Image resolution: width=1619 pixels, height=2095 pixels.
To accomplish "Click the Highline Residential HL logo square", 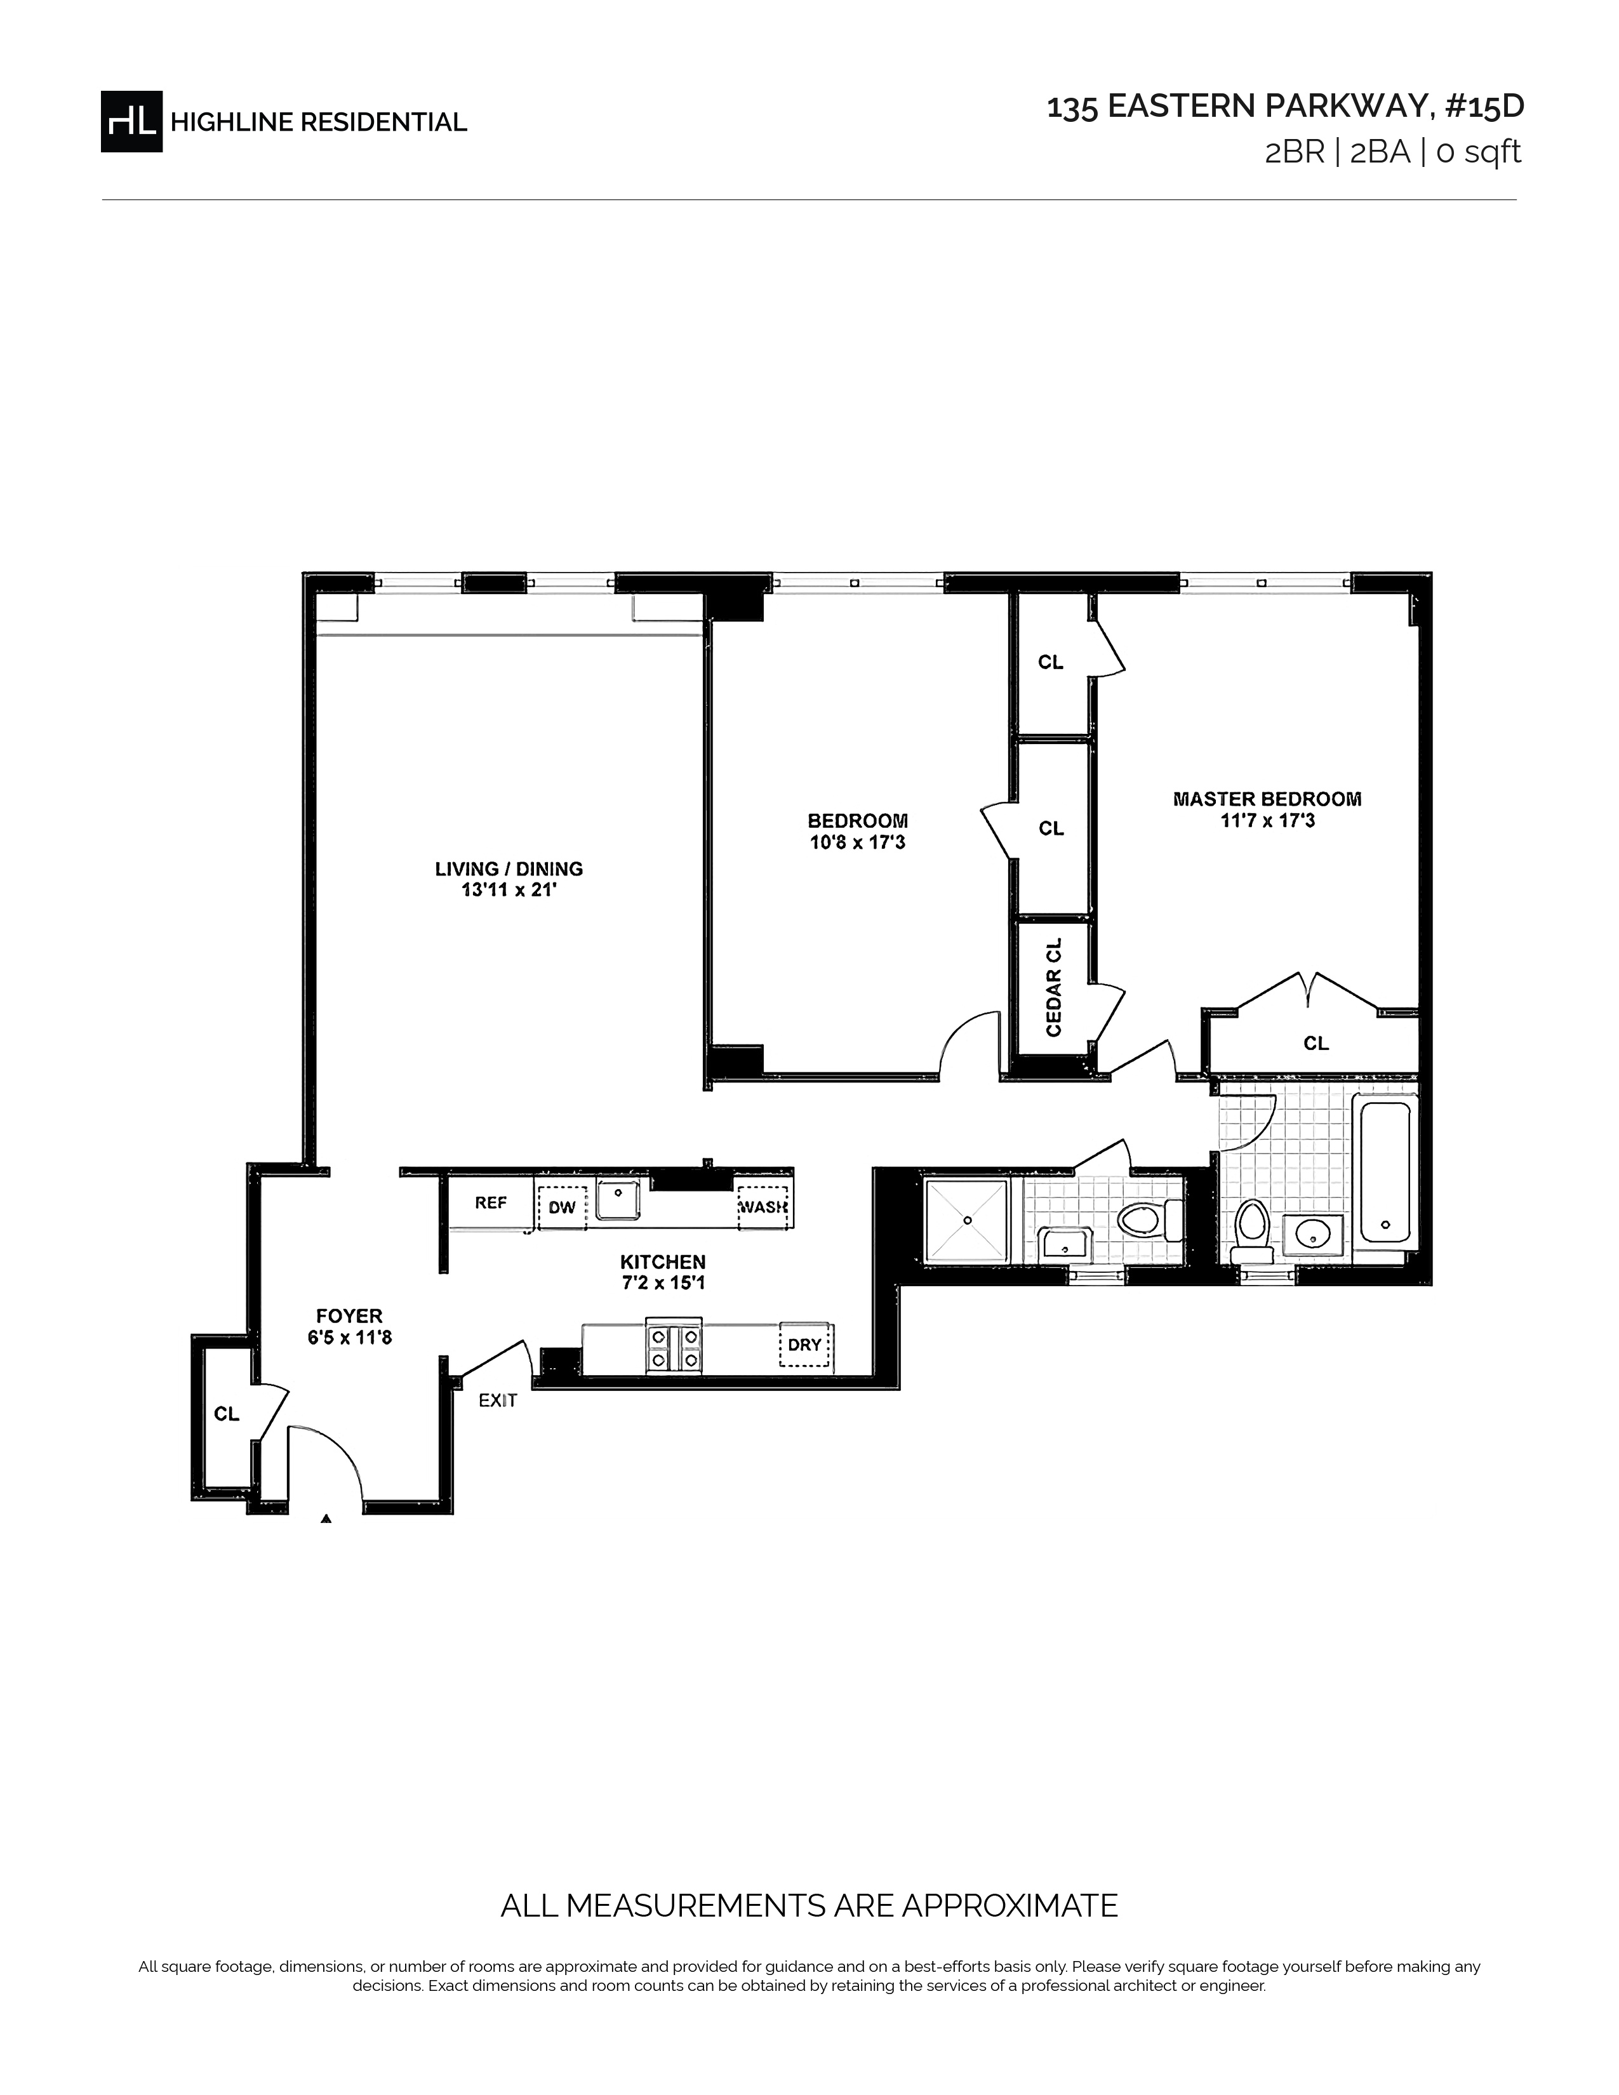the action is pos(131,121).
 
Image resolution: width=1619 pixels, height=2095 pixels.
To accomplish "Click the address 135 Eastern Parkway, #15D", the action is pos(1284,107).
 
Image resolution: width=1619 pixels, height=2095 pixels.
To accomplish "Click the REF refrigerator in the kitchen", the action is pos(491,1202).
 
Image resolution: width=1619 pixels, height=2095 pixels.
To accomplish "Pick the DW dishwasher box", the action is pos(562,1207).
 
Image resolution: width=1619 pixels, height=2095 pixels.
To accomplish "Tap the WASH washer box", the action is pos(763,1207).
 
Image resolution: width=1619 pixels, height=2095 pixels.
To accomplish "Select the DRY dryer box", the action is pos(804,1345).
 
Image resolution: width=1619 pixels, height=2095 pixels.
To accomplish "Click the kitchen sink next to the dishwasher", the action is pos(618,1199).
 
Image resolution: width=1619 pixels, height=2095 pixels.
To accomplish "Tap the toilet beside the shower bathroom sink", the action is pos(1150,1221).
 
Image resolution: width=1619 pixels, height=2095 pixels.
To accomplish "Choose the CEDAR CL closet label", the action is pos(1054,987).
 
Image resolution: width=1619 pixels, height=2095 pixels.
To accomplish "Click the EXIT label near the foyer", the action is pos(498,1400).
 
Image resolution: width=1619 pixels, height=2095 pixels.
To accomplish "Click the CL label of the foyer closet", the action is pos(227,1414).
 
